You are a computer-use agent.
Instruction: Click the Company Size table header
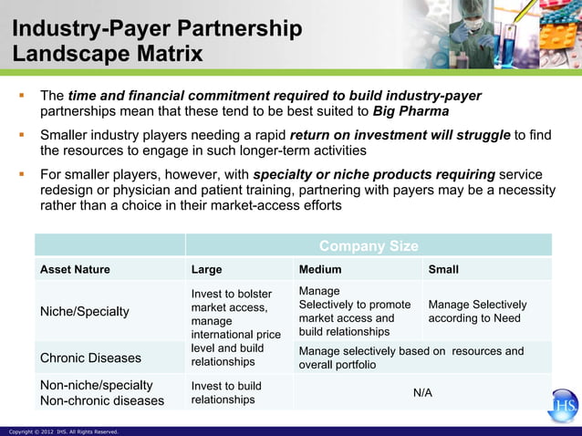click(x=369, y=246)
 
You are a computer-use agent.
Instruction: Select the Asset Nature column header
click(x=75, y=269)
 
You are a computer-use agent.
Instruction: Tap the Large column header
click(x=206, y=269)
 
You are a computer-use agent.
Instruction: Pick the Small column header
click(x=443, y=269)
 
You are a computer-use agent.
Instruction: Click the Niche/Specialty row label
click(x=84, y=312)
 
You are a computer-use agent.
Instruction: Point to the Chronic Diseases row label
click(x=90, y=358)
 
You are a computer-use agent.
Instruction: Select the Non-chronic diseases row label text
click(x=102, y=400)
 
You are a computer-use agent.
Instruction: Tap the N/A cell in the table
click(x=422, y=392)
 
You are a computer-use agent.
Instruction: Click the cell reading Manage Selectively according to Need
click(x=477, y=311)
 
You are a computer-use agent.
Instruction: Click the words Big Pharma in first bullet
click(x=411, y=111)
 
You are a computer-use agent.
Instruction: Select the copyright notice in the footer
click(x=63, y=431)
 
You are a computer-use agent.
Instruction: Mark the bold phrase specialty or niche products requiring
click(x=374, y=174)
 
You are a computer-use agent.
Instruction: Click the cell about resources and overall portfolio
click(x=411, y=358)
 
